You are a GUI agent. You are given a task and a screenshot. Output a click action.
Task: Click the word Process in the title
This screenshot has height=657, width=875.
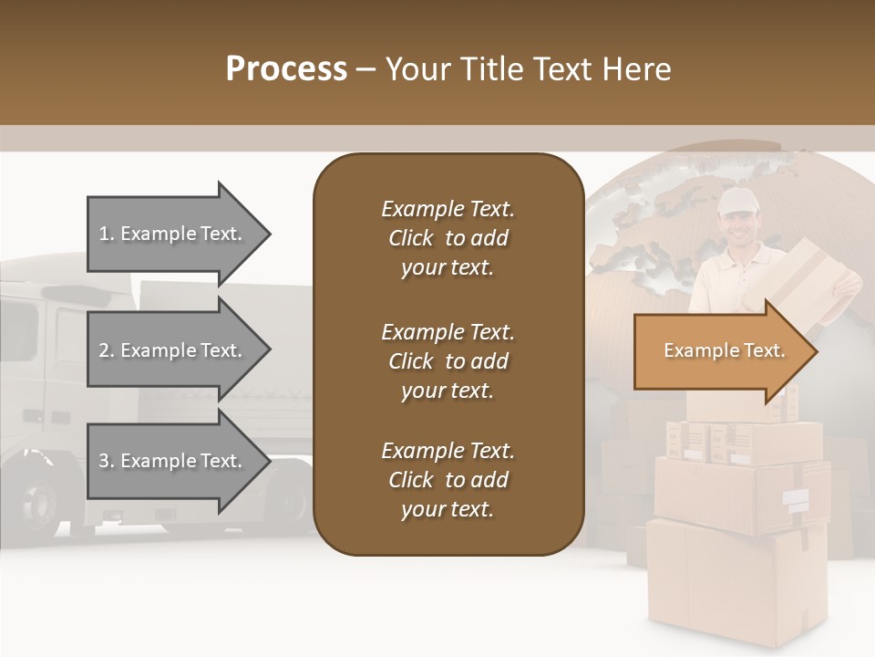(x=286, y=69)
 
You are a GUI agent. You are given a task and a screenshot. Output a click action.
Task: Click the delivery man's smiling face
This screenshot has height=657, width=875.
(x=736, y=228)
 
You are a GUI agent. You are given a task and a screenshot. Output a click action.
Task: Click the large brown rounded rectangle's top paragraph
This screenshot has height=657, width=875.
(x=448, y=238)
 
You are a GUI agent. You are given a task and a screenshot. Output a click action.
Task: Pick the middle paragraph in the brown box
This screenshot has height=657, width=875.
(x=448, y=361)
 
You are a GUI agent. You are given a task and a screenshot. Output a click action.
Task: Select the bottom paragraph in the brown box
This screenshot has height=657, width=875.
(x=448, y=480)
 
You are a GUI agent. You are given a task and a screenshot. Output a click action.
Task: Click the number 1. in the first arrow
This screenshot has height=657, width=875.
(x=107, y=234)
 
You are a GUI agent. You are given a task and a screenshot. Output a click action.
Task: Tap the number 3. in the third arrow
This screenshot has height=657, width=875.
(x=107, y=461)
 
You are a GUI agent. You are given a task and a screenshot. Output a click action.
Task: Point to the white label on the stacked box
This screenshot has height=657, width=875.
(x=795, y=499)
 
